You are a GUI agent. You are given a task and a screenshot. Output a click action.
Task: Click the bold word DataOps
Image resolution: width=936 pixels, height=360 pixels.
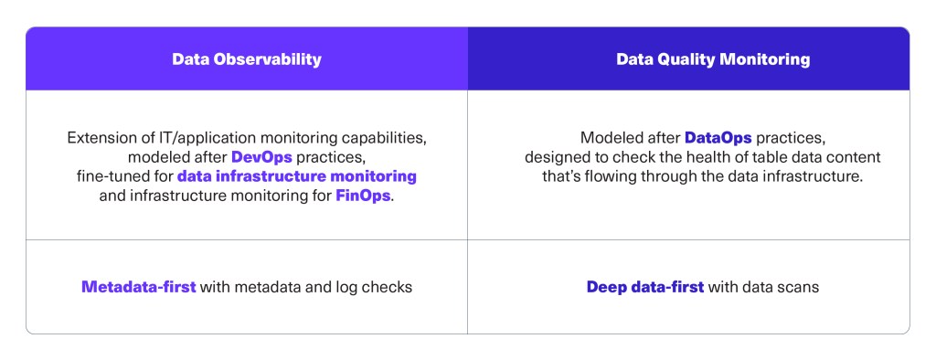pyautogui.click(x=718, y=138)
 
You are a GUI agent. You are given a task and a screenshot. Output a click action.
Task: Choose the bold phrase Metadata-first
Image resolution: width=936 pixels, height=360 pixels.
pyautogui.click(x=139, y=287)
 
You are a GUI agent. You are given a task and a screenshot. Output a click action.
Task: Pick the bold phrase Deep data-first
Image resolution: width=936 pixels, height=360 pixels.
pyautogui.click(x=644, y=287)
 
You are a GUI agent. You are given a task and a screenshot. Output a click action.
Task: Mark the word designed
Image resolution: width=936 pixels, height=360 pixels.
pyautogui.click(x=556, y=156)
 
